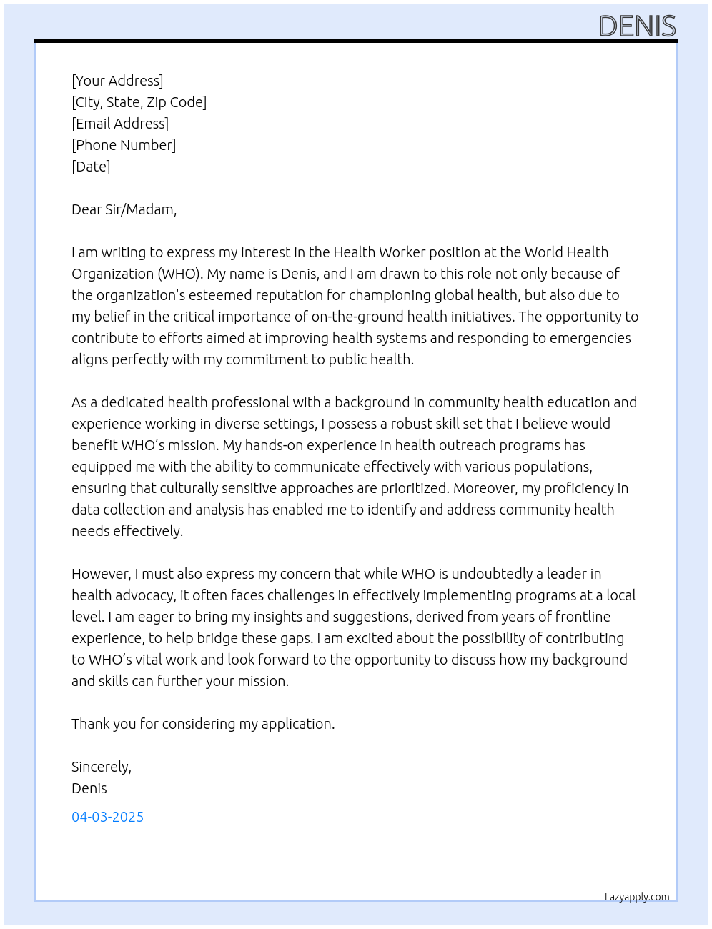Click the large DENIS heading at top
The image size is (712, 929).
(x=637, y=26)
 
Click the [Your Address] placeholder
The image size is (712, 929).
(x=117, y=81)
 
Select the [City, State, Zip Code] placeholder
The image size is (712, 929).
(x=139, y=102)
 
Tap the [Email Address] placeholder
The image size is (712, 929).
(x=120, y=124)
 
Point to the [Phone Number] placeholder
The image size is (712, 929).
(x=124, y=145)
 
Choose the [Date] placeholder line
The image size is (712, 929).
(x=91, y=167)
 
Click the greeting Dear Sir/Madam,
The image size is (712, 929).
(x=124, y=209)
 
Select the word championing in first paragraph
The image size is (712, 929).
(x=435, y=295)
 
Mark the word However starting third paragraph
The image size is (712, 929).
(x=101, y=574)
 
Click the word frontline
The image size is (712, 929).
(x=583, y=617)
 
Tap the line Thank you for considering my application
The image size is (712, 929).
(x=203, y=724)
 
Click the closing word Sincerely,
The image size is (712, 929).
(x=102, y=767)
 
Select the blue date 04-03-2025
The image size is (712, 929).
(x=107, y=817)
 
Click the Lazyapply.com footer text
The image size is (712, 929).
(x=637, y=897)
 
